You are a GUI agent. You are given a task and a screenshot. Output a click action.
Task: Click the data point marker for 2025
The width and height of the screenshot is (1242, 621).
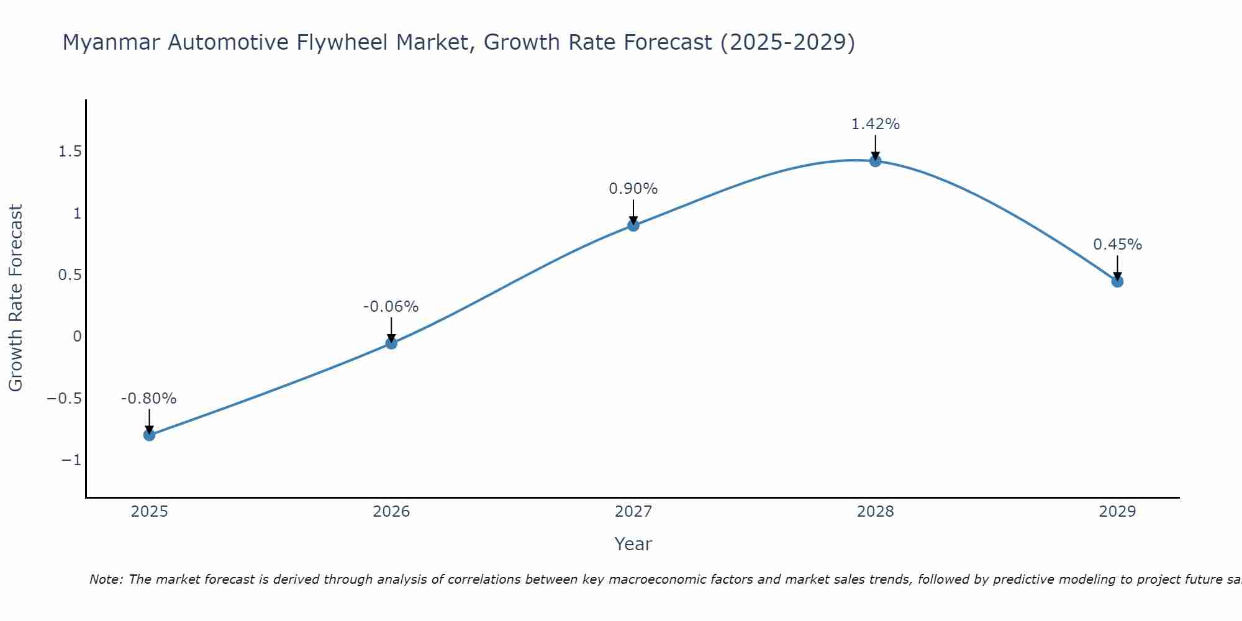[x=149, y=435]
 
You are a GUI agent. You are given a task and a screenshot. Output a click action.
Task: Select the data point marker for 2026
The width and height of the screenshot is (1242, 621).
[x=391, y=343]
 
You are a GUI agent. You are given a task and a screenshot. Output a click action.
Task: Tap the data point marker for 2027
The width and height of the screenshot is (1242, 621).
[x=633, y=225]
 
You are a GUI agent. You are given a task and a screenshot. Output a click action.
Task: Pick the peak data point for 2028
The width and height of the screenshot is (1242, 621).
[x=876, y=161]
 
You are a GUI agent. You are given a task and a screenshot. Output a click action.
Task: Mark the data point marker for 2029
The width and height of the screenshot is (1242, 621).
[x=1117, y=281]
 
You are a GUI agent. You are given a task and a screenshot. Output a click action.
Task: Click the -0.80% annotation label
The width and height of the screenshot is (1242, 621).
[x=148, y=399]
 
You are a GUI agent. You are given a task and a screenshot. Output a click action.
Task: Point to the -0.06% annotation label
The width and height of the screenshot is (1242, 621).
[x=391, y=307]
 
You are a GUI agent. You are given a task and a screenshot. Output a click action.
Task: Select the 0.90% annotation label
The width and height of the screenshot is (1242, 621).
[x=633, y=189]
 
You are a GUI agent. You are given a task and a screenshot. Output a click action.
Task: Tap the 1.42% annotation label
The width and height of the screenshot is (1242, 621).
[x=875, y=124]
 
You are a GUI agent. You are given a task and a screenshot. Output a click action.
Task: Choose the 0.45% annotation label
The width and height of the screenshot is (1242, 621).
[x=1117, y=245]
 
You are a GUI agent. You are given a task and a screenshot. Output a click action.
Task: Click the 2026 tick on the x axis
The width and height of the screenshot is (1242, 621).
[x=391, y=512]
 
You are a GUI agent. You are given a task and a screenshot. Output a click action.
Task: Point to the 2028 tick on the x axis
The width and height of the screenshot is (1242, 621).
[x=875, y=512]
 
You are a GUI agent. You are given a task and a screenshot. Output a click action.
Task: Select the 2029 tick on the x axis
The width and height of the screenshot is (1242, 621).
[x=1117, y=512]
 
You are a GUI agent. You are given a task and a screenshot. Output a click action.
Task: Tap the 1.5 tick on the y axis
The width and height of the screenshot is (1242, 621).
[x=70, y=152]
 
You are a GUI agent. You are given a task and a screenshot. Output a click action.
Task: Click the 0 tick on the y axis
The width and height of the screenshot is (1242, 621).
[x=77, y=337]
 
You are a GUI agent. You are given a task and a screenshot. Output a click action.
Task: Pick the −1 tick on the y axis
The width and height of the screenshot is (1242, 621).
[x=71, y=460]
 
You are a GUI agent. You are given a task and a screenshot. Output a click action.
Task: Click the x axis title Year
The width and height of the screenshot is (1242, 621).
[x=633, y=544]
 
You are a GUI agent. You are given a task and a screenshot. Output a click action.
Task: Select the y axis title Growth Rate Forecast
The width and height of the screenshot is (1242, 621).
[x=16, y=298]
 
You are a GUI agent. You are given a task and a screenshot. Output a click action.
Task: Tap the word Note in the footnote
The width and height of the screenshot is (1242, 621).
[x=105, y=579]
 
